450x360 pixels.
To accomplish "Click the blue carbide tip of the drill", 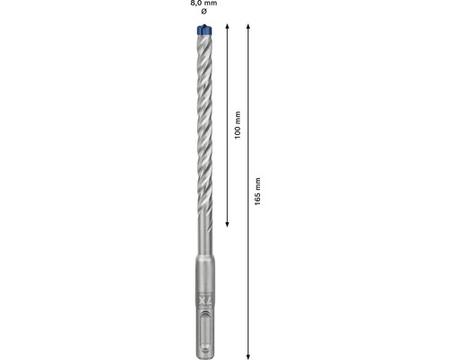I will (202, 33).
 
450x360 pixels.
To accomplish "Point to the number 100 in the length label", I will (238, 125).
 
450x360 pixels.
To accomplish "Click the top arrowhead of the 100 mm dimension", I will (229, 31).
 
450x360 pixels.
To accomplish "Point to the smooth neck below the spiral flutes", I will (202, 238).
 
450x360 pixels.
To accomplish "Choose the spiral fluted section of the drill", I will (202, 126).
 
